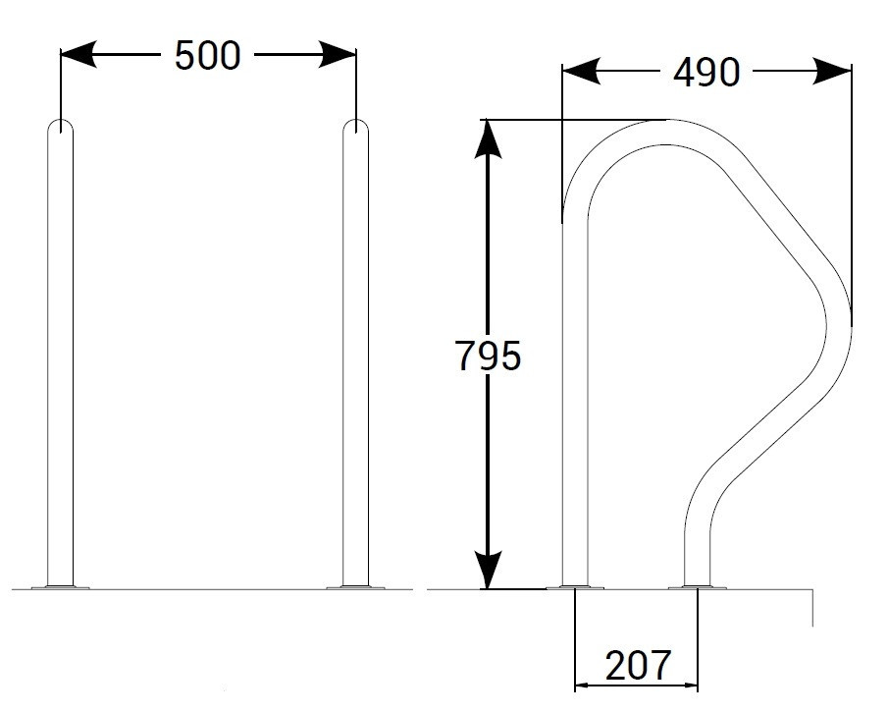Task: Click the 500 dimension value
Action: (x=208, y=56)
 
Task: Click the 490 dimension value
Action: (x=706, y=73)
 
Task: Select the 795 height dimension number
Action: (x=488, y=356)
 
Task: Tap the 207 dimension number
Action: (x=638, y=666)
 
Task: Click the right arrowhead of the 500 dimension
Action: (x=339, y=54)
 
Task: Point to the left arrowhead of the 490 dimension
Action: (x=581, y=71)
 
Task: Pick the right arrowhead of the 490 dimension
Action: (x=833, y=71)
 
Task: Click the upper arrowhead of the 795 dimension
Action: (x=488, y=138)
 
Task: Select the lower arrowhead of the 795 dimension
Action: (x=488, y=571)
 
